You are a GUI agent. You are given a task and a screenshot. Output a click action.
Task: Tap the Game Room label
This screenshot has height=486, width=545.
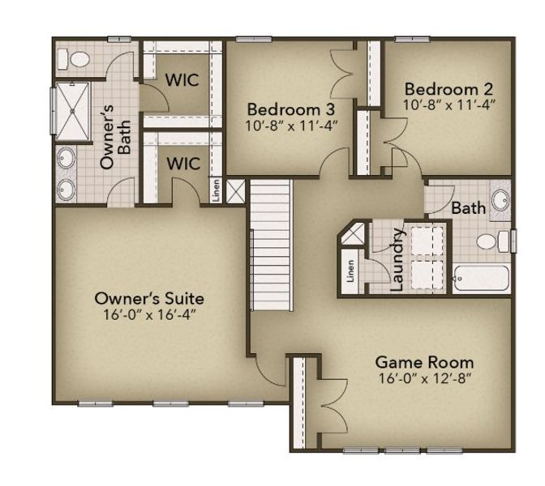point(425,362)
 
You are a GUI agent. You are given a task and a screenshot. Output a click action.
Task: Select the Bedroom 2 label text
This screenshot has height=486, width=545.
point(448,88)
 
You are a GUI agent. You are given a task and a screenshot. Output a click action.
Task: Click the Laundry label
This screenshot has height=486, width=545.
point(397,259)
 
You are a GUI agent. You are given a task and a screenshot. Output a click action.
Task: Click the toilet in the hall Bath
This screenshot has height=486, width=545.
point(490,241)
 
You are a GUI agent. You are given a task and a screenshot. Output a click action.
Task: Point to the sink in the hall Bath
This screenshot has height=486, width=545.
point(499,199)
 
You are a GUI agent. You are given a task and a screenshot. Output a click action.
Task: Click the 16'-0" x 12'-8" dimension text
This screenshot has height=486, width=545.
point(425,378)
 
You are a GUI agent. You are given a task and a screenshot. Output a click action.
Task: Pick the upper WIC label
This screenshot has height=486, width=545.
point(183,80)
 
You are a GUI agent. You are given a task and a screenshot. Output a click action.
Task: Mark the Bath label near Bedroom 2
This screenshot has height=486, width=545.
point(468,208)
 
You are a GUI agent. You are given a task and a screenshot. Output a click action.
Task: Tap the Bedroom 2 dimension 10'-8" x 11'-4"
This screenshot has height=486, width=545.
point(448,104)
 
